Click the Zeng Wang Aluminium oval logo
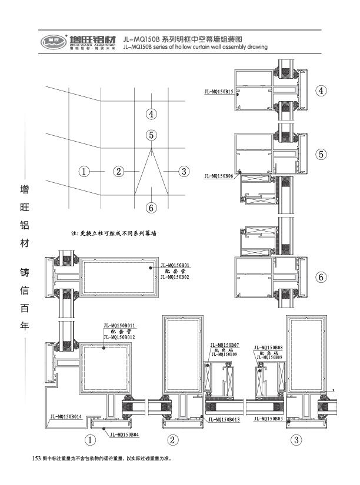52,42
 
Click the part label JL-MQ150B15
218,91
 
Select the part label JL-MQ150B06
219,176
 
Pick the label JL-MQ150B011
119,326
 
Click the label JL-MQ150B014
65,416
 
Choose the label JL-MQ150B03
269,419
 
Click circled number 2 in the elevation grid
119,171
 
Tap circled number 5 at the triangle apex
151,135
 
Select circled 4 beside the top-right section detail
321,91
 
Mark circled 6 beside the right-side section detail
321,277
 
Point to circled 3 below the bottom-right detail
296,440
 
